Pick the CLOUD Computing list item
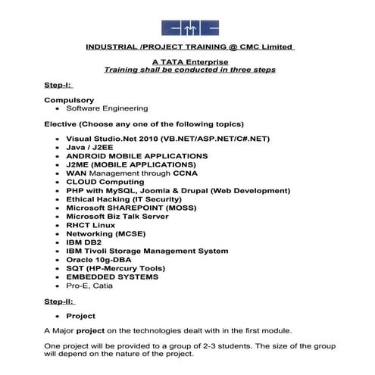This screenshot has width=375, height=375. pyautogui.click(x=105, y=182)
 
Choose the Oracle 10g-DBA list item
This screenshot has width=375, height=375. pyautogui.click(x=98, y=260)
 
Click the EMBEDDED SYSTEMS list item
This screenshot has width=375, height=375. pyautogui.click(x=111, y=277)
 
